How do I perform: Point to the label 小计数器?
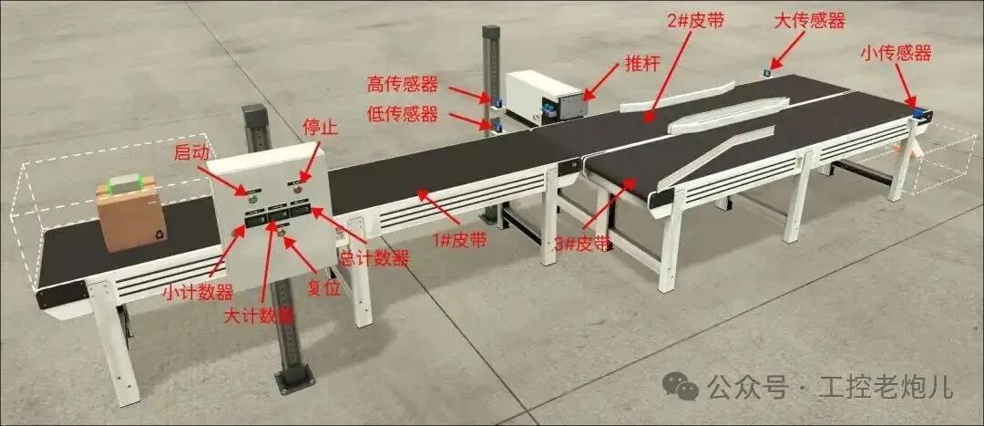point(197,292)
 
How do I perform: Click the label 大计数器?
point(260,316)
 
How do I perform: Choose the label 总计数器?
point(374,258)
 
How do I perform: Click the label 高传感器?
point(402,85)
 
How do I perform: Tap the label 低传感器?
point(402,114)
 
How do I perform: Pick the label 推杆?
point(643,65)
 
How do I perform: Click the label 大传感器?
point(809,20)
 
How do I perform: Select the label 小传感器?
point(896,54)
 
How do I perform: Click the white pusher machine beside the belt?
point(544,97)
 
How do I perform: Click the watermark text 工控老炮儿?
point(886,387)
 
